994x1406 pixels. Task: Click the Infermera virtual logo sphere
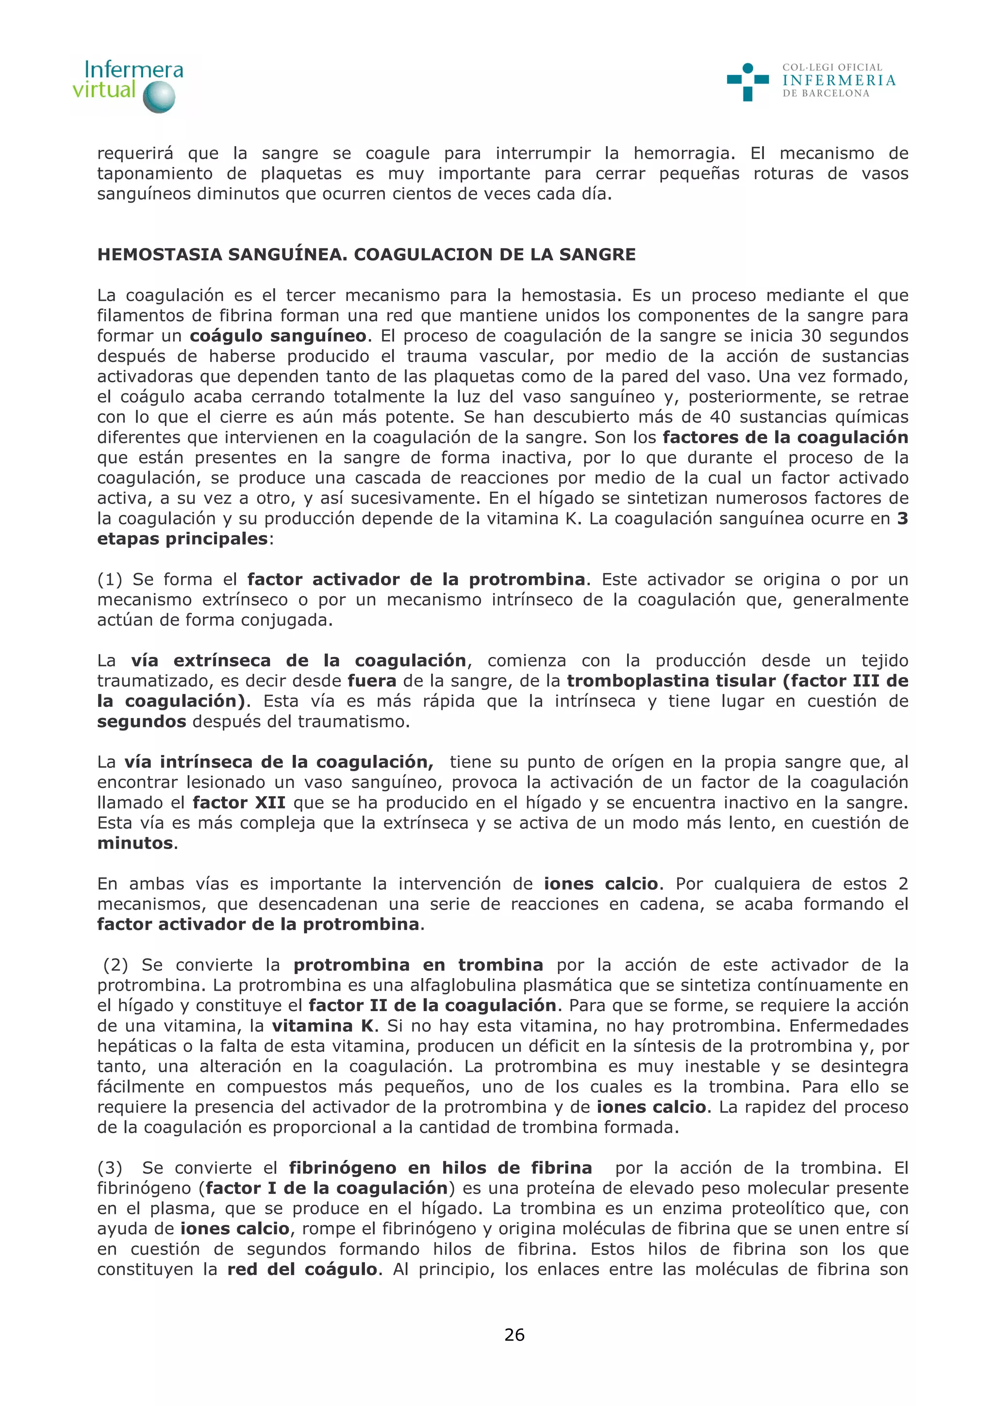pyautogui.click(x=159, y=97)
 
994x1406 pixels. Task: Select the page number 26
pyautogui.click(x=514, y=1334)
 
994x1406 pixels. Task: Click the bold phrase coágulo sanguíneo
pyautogui.click(x=278, y=336)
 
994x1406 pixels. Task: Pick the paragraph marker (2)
pyautogui.click(x=115, y=965)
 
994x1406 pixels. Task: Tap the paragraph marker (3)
pyautogui.click(x=110, y=1168)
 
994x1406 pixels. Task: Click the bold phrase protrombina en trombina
pyautogui.click(x=418, y=965)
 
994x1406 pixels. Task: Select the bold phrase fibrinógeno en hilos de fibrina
pyautogui.click(x=440, y=1168)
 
